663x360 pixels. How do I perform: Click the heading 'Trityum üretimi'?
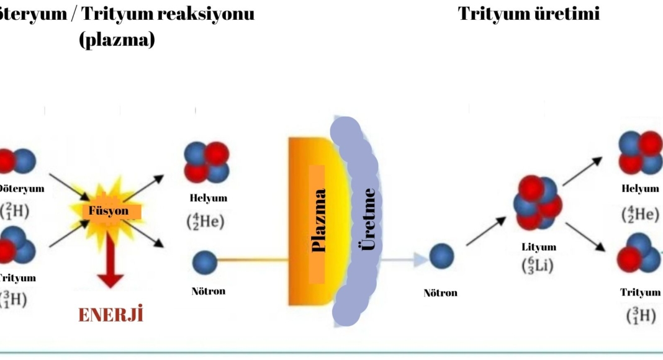coord(529,14)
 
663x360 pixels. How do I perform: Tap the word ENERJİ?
coord(110,315)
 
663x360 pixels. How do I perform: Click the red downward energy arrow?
coord(110,264)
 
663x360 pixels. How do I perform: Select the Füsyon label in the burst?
coord(109,211)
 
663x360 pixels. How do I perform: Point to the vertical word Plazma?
coord(318,220)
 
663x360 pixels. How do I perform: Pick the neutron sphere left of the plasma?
coord(205,263)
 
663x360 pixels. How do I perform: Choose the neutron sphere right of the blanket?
coord(441,256)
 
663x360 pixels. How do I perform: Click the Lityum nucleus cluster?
coord(537,202)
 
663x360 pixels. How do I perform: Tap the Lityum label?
coord(539,247)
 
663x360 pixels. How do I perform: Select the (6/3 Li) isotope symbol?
coord(537,265)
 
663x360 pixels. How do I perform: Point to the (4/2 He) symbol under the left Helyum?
coord(205,220)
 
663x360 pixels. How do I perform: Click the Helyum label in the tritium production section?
coord(640,189)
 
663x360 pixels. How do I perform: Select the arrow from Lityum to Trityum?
coord(585,237)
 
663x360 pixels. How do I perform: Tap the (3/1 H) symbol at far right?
coord(640,315)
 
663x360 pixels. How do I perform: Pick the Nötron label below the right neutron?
coord(440,292)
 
